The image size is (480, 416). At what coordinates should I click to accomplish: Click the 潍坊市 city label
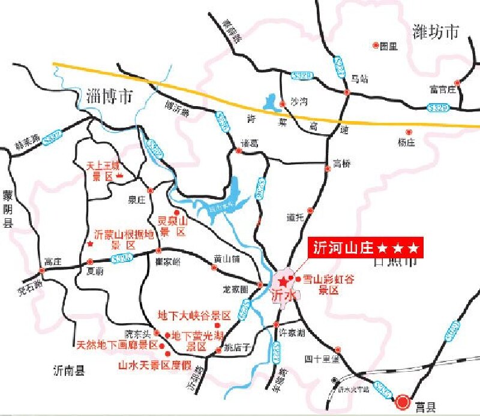point(436,31)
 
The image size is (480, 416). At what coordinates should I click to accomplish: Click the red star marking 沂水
point(283,281)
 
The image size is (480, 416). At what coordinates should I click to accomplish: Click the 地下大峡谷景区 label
point(194,315)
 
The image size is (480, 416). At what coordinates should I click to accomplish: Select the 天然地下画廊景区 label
point(117,345)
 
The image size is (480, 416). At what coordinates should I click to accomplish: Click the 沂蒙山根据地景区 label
point(124,239)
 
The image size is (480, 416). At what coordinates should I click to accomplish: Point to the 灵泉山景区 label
point(173,227)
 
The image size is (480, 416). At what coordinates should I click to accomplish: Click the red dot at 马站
point(347,92)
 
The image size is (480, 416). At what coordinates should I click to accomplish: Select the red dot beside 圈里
point(376,45)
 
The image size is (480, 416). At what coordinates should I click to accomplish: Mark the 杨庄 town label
point(406,142)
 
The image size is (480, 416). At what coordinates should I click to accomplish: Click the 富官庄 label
point(443,90)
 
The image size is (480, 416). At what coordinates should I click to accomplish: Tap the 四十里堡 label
point(322,359)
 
